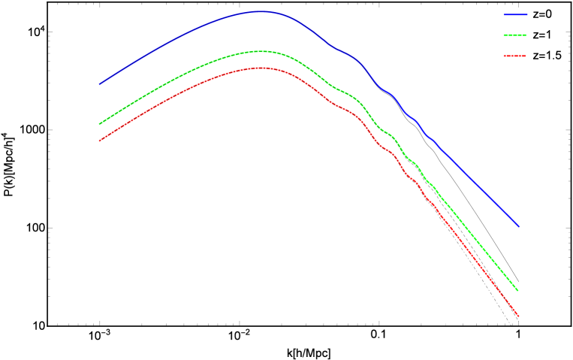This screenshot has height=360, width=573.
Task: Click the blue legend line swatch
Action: click(515, 14)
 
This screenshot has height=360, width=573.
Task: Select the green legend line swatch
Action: click(514, 35)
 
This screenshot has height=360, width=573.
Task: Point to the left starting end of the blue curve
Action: click(100, 84)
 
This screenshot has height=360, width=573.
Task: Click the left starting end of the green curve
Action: click(100, 124)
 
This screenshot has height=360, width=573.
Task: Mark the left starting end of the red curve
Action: click(100, 141)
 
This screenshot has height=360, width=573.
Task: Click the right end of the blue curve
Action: click(518, 226)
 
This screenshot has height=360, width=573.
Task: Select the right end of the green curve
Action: click(517, 289)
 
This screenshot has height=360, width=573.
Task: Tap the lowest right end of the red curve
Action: click(518, 316)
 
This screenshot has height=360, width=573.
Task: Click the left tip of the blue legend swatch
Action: click(504, 14)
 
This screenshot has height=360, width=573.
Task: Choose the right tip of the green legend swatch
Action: click(526, 35)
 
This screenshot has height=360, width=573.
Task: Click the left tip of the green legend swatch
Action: click(504, 35)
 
